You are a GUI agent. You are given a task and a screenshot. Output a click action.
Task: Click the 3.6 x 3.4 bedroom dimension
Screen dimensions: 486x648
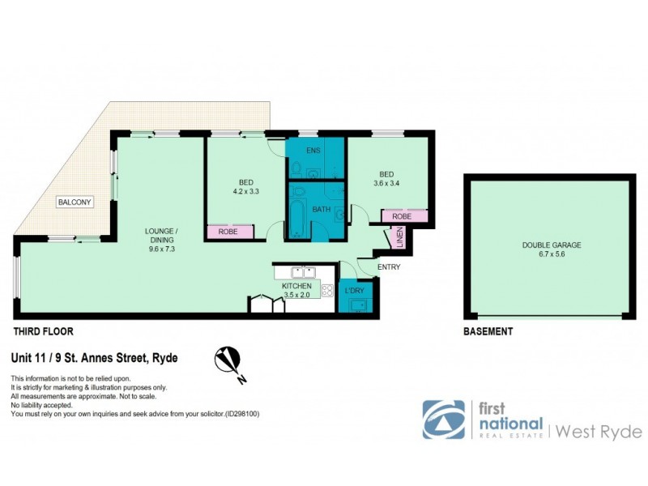pyautogui.click(x=386, y=183)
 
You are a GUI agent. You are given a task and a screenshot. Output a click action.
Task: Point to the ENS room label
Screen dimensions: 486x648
pyautogui.click(x=313, y=151)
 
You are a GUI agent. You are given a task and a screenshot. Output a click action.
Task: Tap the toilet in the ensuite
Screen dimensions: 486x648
pyautogui.click(x=297, y=169)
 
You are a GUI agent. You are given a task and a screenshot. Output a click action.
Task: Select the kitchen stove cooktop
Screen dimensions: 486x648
pyautogui.click(x=327, y=288)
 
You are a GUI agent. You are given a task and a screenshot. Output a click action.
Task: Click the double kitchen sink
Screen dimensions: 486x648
pyautogui.click(x=303, y=272)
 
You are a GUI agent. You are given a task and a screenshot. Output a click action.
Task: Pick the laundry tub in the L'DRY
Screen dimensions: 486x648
pyautogui.click(x=357, y=305)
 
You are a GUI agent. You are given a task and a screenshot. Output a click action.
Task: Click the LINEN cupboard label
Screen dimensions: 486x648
pyautogui.click(x=399, y=239)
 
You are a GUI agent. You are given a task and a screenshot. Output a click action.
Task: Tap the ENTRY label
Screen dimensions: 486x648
pyautogui.click(x=388, y=267)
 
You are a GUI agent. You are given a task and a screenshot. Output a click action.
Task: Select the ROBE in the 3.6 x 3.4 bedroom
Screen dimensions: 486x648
pyautogui.click(x=401, y=216)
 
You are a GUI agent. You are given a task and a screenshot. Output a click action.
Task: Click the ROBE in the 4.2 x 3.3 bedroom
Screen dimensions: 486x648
pyautogui.click(x=227, y=232)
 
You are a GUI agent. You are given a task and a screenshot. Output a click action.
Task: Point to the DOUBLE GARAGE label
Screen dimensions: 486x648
pyautogui.click(x=552, y=245)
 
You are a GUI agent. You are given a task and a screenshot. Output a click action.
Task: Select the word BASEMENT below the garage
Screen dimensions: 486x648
pyautogui.click(x=488, y=331)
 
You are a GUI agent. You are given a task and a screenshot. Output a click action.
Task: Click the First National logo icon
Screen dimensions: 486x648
pyautogui.click(x=443, y=420)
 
